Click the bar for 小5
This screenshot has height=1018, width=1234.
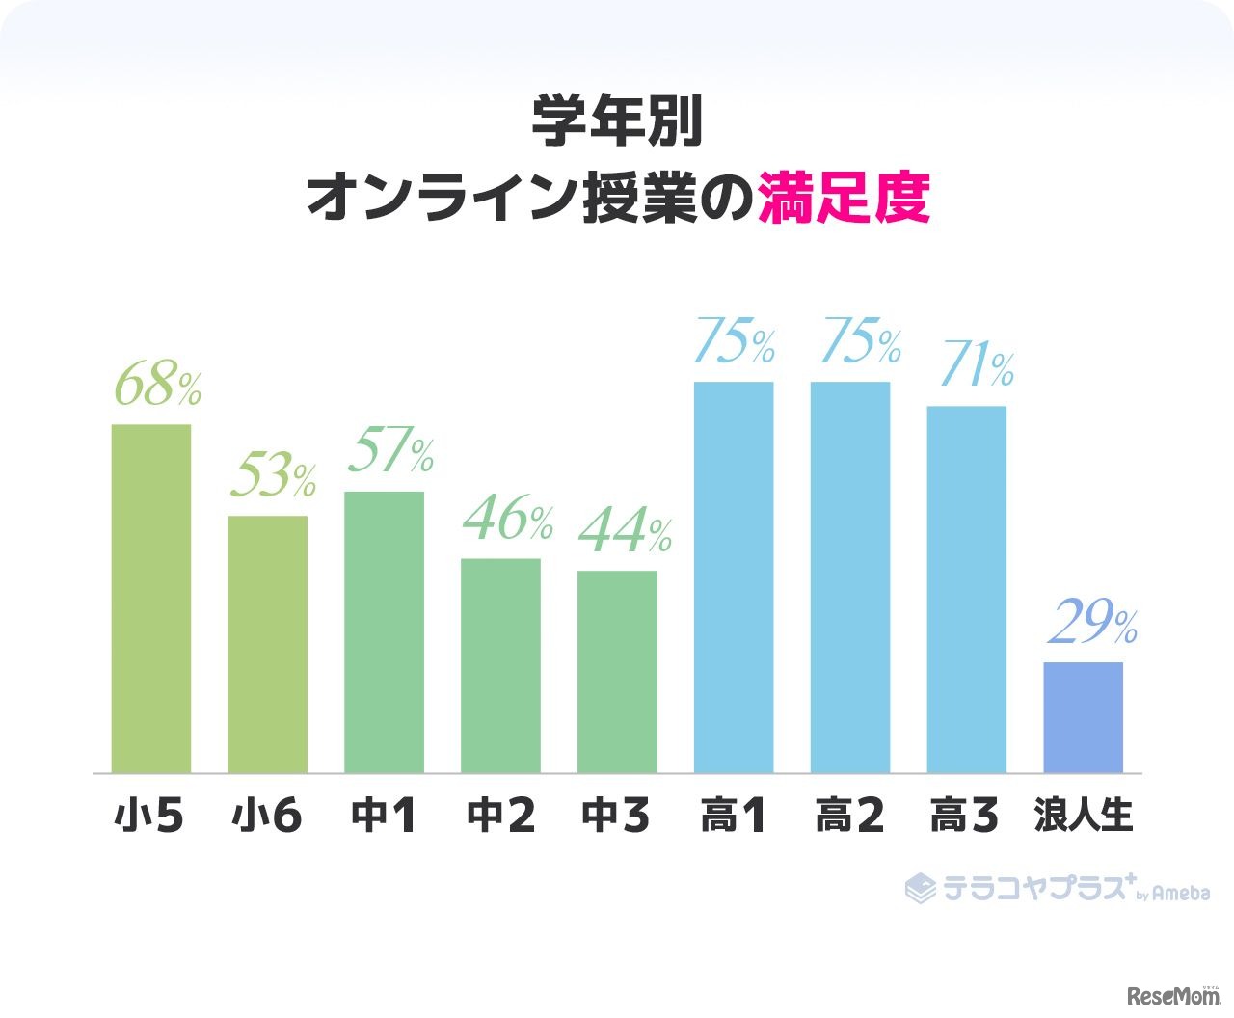tap(151, 599)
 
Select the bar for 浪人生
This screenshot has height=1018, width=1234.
tap(1083, 717)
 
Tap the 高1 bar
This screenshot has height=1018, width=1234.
tap(734, 577)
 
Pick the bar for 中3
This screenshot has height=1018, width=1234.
tap(617, 672)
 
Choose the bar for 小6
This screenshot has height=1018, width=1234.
tap(268, 644)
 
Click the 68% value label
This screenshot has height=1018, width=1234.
tap(157, 386)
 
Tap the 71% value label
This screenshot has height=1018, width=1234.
tap(976, 366)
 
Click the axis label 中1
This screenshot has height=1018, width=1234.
tap(384, 817)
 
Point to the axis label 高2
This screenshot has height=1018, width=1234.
tap(849, 817)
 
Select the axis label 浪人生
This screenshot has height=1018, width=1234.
tap(1083, 817)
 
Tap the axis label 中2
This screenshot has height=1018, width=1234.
tap(500, 817)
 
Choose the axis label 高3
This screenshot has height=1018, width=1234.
tap(965, 817)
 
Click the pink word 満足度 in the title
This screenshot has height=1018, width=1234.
tap(844, 198)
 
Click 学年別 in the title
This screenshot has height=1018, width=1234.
tap(617, 122)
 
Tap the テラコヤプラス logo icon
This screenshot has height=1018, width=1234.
tap(920, 888)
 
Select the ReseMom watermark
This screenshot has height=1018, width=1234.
tap(1172, 995)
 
